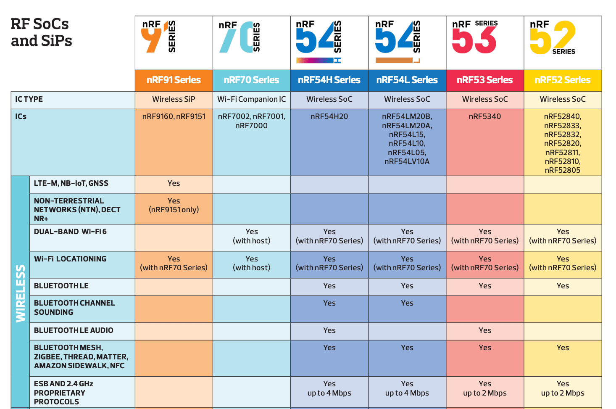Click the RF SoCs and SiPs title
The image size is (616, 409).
(41, 32)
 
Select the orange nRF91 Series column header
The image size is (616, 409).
(174, 80)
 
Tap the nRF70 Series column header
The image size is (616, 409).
(251, 80)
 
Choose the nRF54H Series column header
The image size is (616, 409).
(329, 80)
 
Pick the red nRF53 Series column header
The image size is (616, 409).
(484, 80)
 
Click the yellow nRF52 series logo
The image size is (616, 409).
(553, 38)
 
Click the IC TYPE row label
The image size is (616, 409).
(29, 99)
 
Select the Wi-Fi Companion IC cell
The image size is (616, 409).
(251, 99)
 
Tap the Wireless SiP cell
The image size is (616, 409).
(174, 99)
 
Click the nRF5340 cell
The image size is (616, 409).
(484, 116)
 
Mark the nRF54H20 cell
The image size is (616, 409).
(329, 116)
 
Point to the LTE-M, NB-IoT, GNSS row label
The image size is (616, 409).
(71, 183)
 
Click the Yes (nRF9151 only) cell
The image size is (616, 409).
(174, 205)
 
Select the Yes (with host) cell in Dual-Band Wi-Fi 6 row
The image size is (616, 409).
(251, 236)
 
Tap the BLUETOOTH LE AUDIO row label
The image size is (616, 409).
(74, 330)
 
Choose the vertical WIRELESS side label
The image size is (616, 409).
(20, 293)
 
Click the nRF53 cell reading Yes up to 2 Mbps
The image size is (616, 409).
(484, 388)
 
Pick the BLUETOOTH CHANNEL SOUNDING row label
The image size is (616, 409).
(74, 308)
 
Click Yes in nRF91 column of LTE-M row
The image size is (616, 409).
(174, 183)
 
